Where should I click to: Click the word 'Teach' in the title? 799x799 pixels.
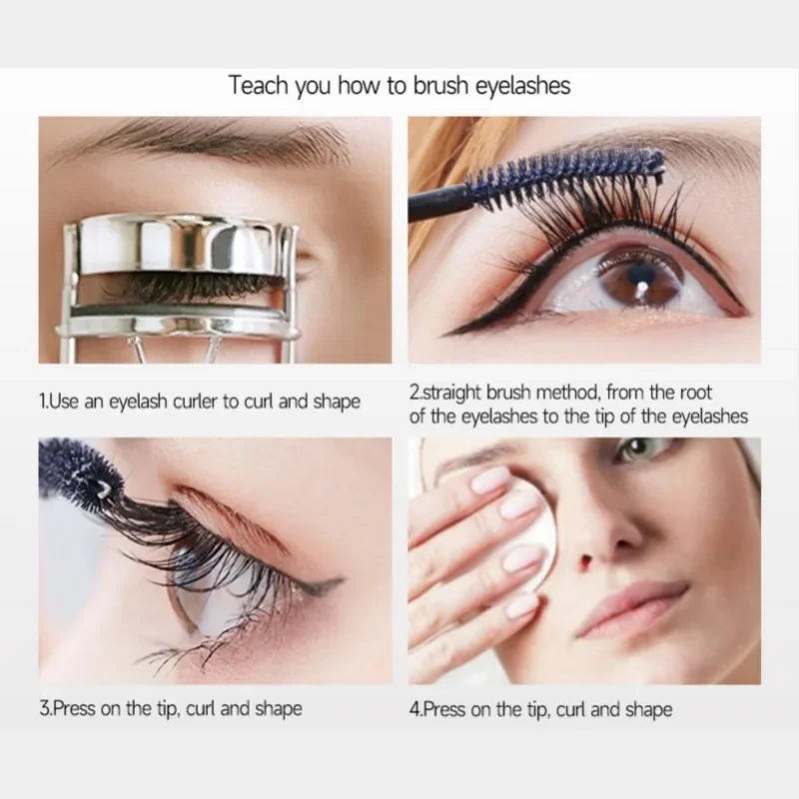[259, 86]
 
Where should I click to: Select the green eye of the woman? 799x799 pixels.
[638, 451]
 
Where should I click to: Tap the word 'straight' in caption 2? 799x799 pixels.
[451, 394]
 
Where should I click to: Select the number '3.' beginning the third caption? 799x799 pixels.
[46, 710]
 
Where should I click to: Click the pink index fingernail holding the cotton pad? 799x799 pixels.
[489, 480]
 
